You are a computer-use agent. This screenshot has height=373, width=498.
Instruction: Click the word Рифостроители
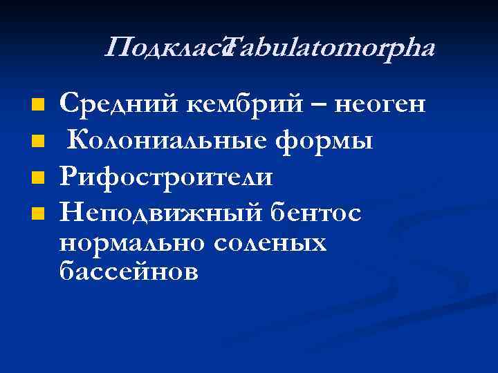pyautogui.click(x=165, y=177)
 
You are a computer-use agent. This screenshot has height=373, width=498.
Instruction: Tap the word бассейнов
pyautogui.click(x=129, y=272)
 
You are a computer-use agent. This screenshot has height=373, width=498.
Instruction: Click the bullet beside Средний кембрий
pyautogui.click(x=38, y=106)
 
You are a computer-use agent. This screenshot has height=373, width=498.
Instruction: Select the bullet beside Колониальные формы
pyautogui.click(x=38, y=142)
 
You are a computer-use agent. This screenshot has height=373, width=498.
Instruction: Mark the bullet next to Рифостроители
pyautogui.click(x=38, y=178)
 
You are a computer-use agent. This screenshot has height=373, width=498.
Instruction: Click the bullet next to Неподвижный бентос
pyautogui.click(x=38, y=214)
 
